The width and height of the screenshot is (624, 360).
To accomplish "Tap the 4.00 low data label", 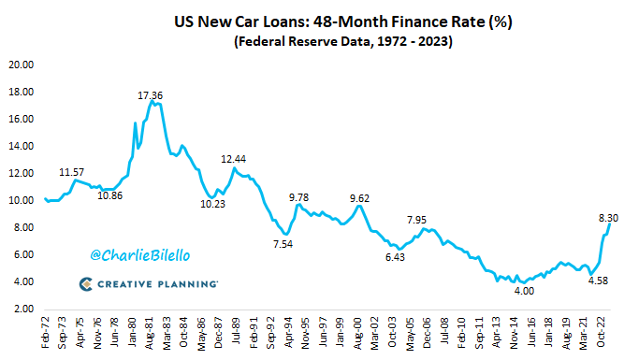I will coord(526,292).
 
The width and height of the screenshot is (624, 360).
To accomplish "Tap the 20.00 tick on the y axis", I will coord(21,65).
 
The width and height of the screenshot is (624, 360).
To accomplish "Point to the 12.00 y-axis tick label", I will coord(21,174).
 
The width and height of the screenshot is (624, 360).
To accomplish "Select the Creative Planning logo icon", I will coord(84,283).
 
